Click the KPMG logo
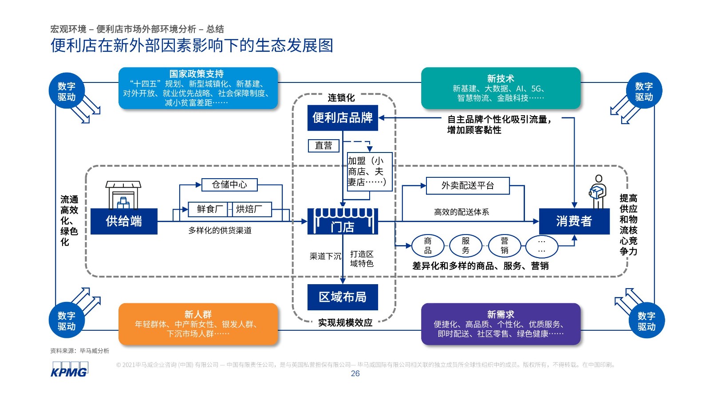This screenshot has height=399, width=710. point(69,370)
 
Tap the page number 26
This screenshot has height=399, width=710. point(355,374)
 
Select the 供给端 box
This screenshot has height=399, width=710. point(124,221)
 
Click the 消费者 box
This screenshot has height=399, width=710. point(574,221)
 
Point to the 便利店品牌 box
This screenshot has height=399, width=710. point(343,118)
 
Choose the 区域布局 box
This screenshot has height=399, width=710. point(343,297)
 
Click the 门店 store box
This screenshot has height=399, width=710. point(343,221)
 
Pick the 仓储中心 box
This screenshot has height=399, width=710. point(229,184)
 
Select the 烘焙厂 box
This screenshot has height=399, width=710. point(249,209)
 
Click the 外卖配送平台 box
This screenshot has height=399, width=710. point(468,186)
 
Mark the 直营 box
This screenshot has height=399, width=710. point(323,145)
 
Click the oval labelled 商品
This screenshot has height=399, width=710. point(428,246)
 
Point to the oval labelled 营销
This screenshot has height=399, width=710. point(505,246)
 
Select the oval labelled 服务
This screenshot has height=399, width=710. point(465,246)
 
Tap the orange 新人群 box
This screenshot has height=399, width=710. point(198,324)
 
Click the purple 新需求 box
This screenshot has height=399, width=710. point(501,324)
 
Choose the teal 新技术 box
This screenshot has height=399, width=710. point(501,88)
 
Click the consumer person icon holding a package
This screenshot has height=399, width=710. point(597,192)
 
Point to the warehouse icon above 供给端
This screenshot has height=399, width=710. point(123,195)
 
